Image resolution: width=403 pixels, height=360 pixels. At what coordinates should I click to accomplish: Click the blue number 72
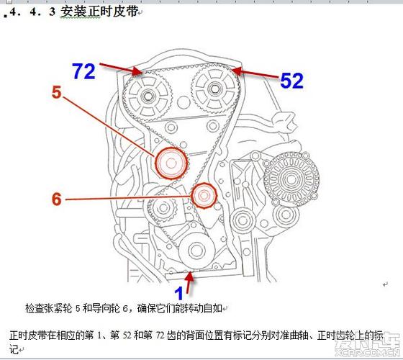tap(83, 71)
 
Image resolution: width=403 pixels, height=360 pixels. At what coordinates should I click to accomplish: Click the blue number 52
tap(291, 81)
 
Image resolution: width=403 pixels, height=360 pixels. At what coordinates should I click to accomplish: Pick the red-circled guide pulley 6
tap(203, 195)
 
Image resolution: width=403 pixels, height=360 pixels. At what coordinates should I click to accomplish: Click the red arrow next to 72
tap(120, 68)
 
